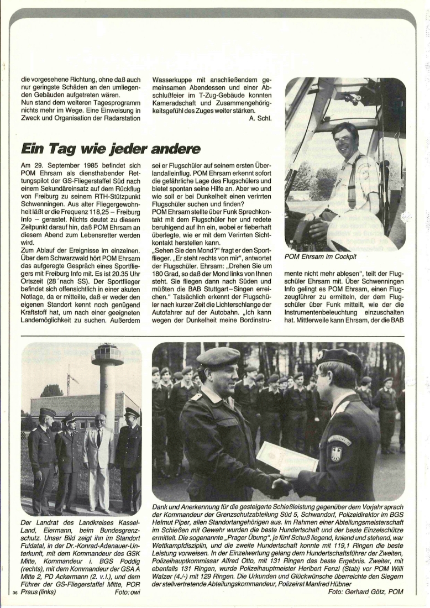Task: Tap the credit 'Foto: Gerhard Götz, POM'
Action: click(x=365, y=591)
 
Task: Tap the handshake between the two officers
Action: click(x=281, y=486)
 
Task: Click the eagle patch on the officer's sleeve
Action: click(x=336, y=453)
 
